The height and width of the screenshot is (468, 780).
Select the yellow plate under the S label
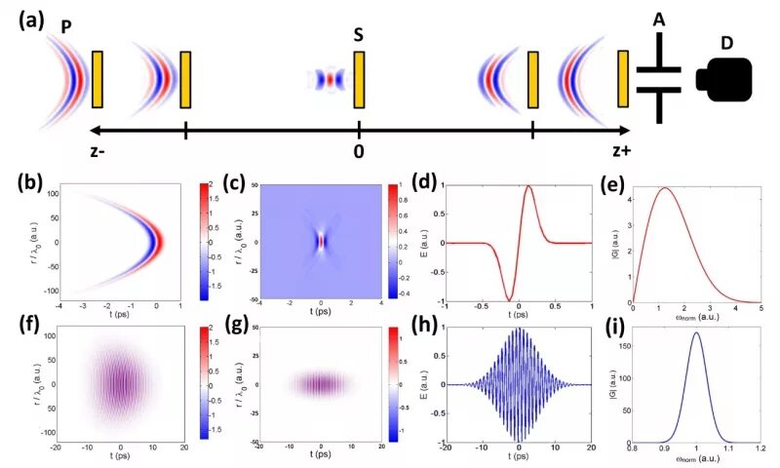(360, 80)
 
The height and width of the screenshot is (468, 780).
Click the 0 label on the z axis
(359, 152)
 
